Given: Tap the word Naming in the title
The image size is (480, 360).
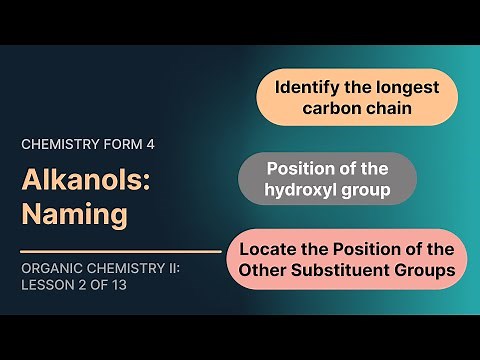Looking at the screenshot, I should coord(64,213).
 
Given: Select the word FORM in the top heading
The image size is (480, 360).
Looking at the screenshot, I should coord(126,144).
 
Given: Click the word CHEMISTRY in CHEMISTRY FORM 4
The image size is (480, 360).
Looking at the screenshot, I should coord(63,144).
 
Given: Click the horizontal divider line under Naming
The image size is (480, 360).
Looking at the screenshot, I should coord(120,251).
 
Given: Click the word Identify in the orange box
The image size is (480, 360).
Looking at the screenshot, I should coord(308,87).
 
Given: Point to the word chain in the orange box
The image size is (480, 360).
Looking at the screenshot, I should coord(388,107).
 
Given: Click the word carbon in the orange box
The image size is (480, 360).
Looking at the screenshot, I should coord(336,107).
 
